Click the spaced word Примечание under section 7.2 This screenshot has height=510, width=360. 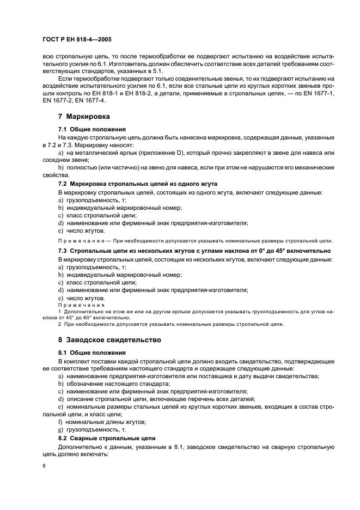click(78, 240)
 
